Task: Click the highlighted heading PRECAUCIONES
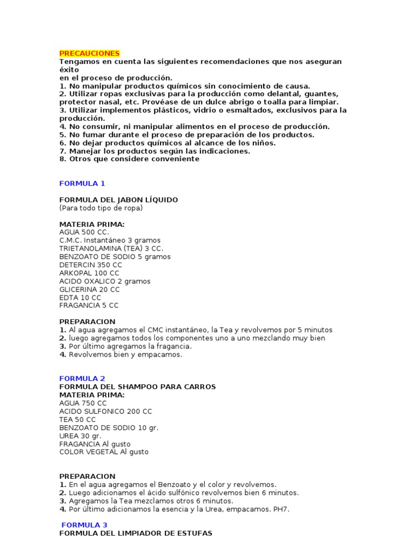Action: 89,54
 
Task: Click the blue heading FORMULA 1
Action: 82,183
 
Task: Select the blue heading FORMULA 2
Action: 82,378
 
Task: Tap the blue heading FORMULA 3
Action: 84,525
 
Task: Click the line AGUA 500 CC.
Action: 84,232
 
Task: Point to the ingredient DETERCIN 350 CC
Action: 91,265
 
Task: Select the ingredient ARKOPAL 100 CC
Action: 90,273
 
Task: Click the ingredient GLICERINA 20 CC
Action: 90,289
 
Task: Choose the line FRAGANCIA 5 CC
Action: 89,306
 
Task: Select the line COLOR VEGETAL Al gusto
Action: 104,452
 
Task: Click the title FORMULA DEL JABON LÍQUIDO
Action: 118,200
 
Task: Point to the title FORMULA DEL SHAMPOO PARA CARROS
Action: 137,387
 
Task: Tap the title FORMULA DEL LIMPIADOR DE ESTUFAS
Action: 136,533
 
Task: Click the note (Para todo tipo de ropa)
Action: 101,208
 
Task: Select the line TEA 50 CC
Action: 78,419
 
